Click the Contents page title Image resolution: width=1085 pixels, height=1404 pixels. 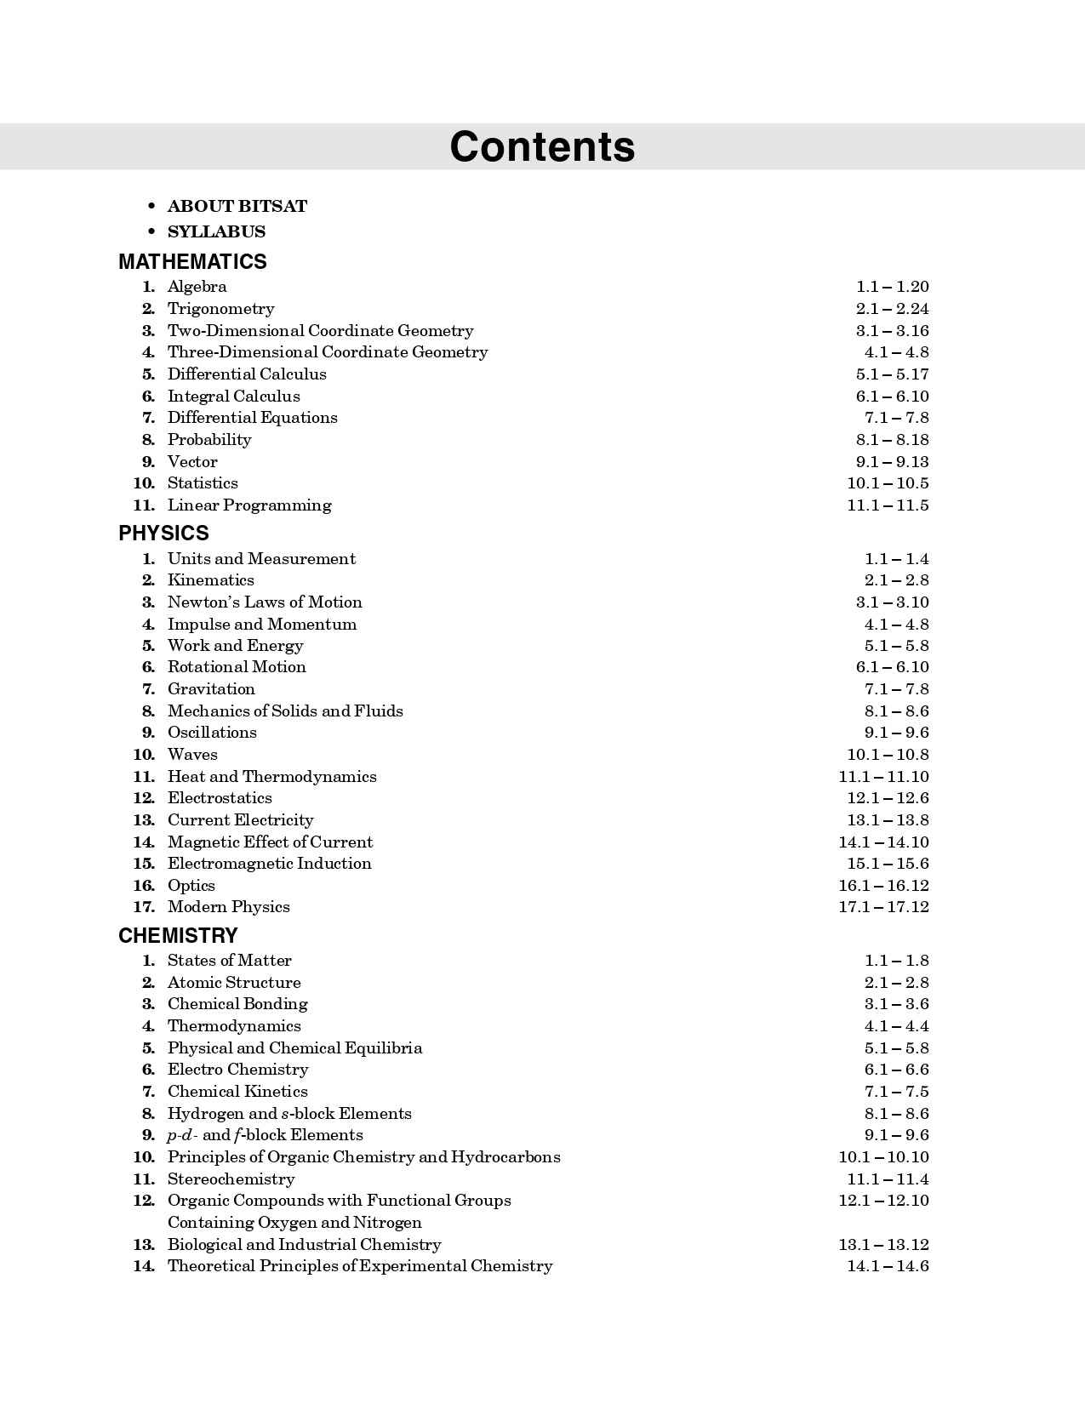542,146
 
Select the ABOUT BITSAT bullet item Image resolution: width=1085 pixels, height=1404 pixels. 237,206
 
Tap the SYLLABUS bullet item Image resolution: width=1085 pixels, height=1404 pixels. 216,231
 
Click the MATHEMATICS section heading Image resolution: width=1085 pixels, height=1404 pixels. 192,261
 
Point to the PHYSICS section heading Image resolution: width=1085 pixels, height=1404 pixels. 163,533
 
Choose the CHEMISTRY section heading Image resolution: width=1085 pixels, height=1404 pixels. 178,935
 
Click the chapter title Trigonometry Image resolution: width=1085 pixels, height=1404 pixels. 220,308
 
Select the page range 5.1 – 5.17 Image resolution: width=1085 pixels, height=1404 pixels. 892,374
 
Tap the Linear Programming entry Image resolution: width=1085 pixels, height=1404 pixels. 249,505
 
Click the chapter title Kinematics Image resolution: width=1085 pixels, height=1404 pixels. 210,579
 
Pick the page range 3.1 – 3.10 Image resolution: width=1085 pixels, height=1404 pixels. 892,602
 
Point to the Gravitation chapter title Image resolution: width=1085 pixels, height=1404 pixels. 211,688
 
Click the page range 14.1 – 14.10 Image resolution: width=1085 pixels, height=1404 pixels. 883,842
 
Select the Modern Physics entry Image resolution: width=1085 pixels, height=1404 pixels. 228,906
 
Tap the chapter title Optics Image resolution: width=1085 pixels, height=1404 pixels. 191,885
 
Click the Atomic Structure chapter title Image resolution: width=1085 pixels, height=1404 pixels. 234,982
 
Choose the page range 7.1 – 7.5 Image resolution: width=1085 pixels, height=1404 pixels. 896,1091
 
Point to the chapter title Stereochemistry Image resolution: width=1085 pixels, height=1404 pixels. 231,1179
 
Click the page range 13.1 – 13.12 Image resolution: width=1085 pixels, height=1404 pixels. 883,1244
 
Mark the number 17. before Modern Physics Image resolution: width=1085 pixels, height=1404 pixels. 144,906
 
